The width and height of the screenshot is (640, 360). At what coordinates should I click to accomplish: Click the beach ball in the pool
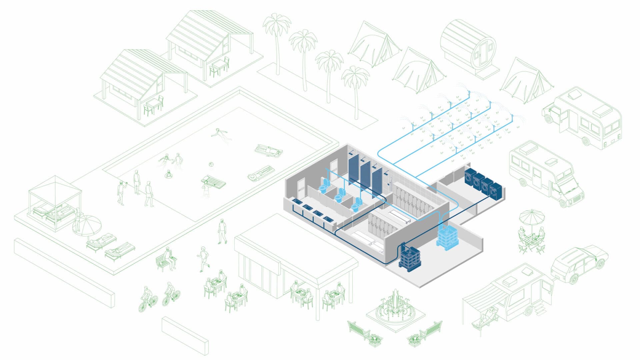click(x=211, y=164)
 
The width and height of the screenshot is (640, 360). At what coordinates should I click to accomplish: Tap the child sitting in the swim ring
click(x=169, y=174)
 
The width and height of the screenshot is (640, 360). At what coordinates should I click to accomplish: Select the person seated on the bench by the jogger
click(x=169, y=258)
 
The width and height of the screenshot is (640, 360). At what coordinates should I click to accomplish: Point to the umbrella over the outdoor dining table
click(x=532, y=217)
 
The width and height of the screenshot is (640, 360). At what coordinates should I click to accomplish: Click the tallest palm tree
click(x=277, y=40)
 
